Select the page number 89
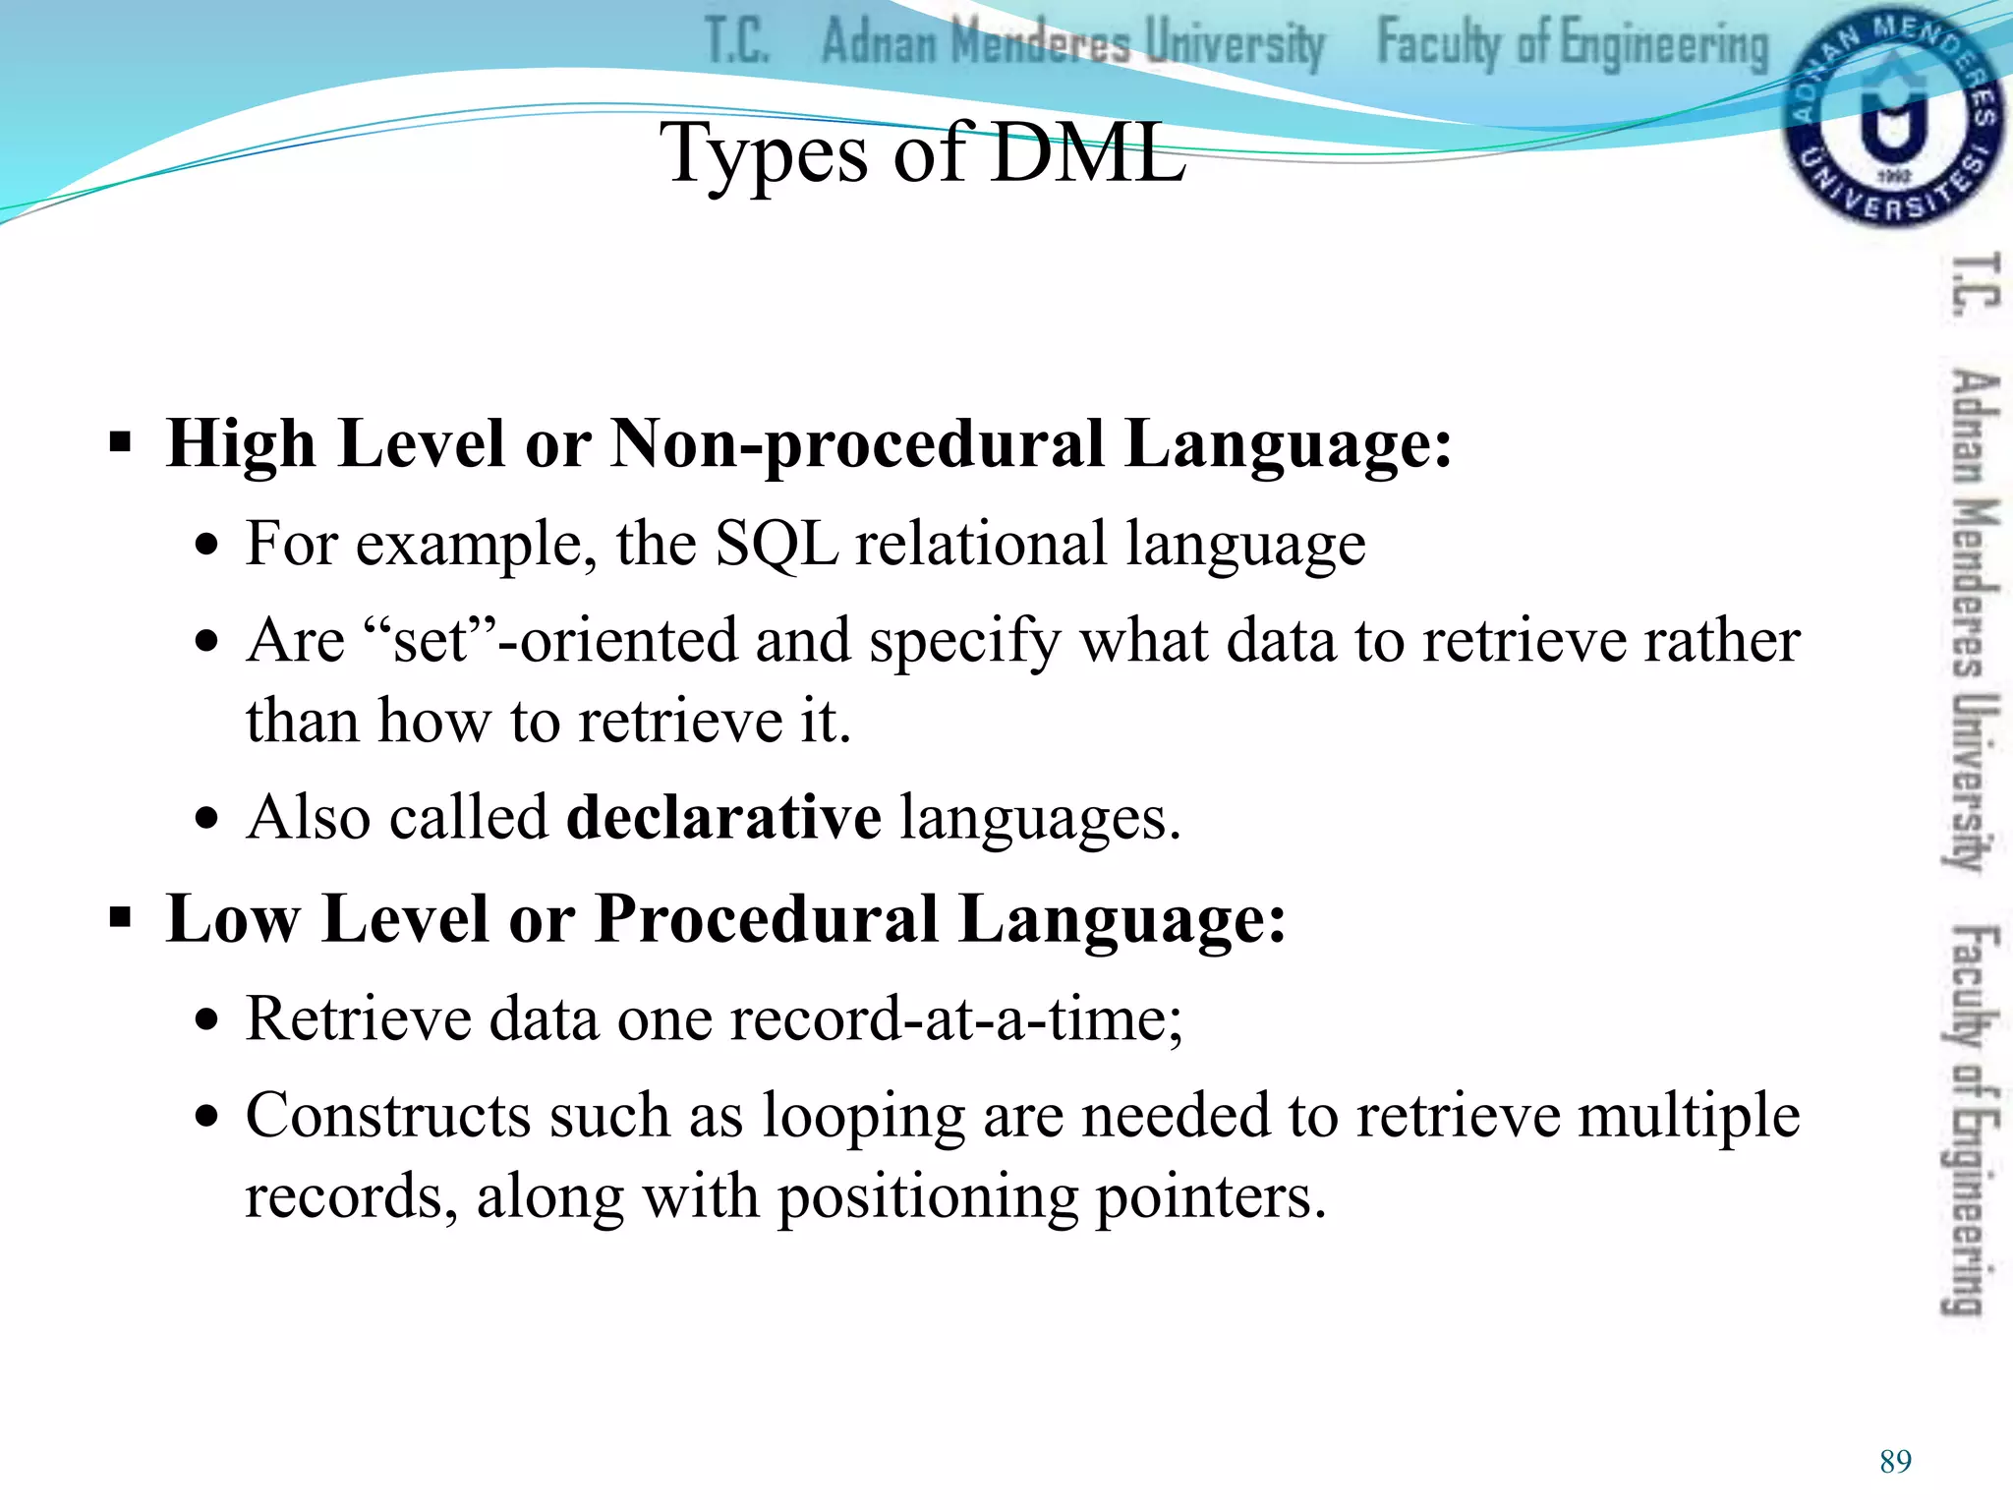pos(1895,1462)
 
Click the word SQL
pos(776,544)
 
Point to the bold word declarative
pos(724,817)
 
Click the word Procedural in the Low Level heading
pos(767,919)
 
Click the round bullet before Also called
pos(206,819)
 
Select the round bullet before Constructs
pos(206,1118)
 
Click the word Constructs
pos(388,1116)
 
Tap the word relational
pos(981,544)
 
